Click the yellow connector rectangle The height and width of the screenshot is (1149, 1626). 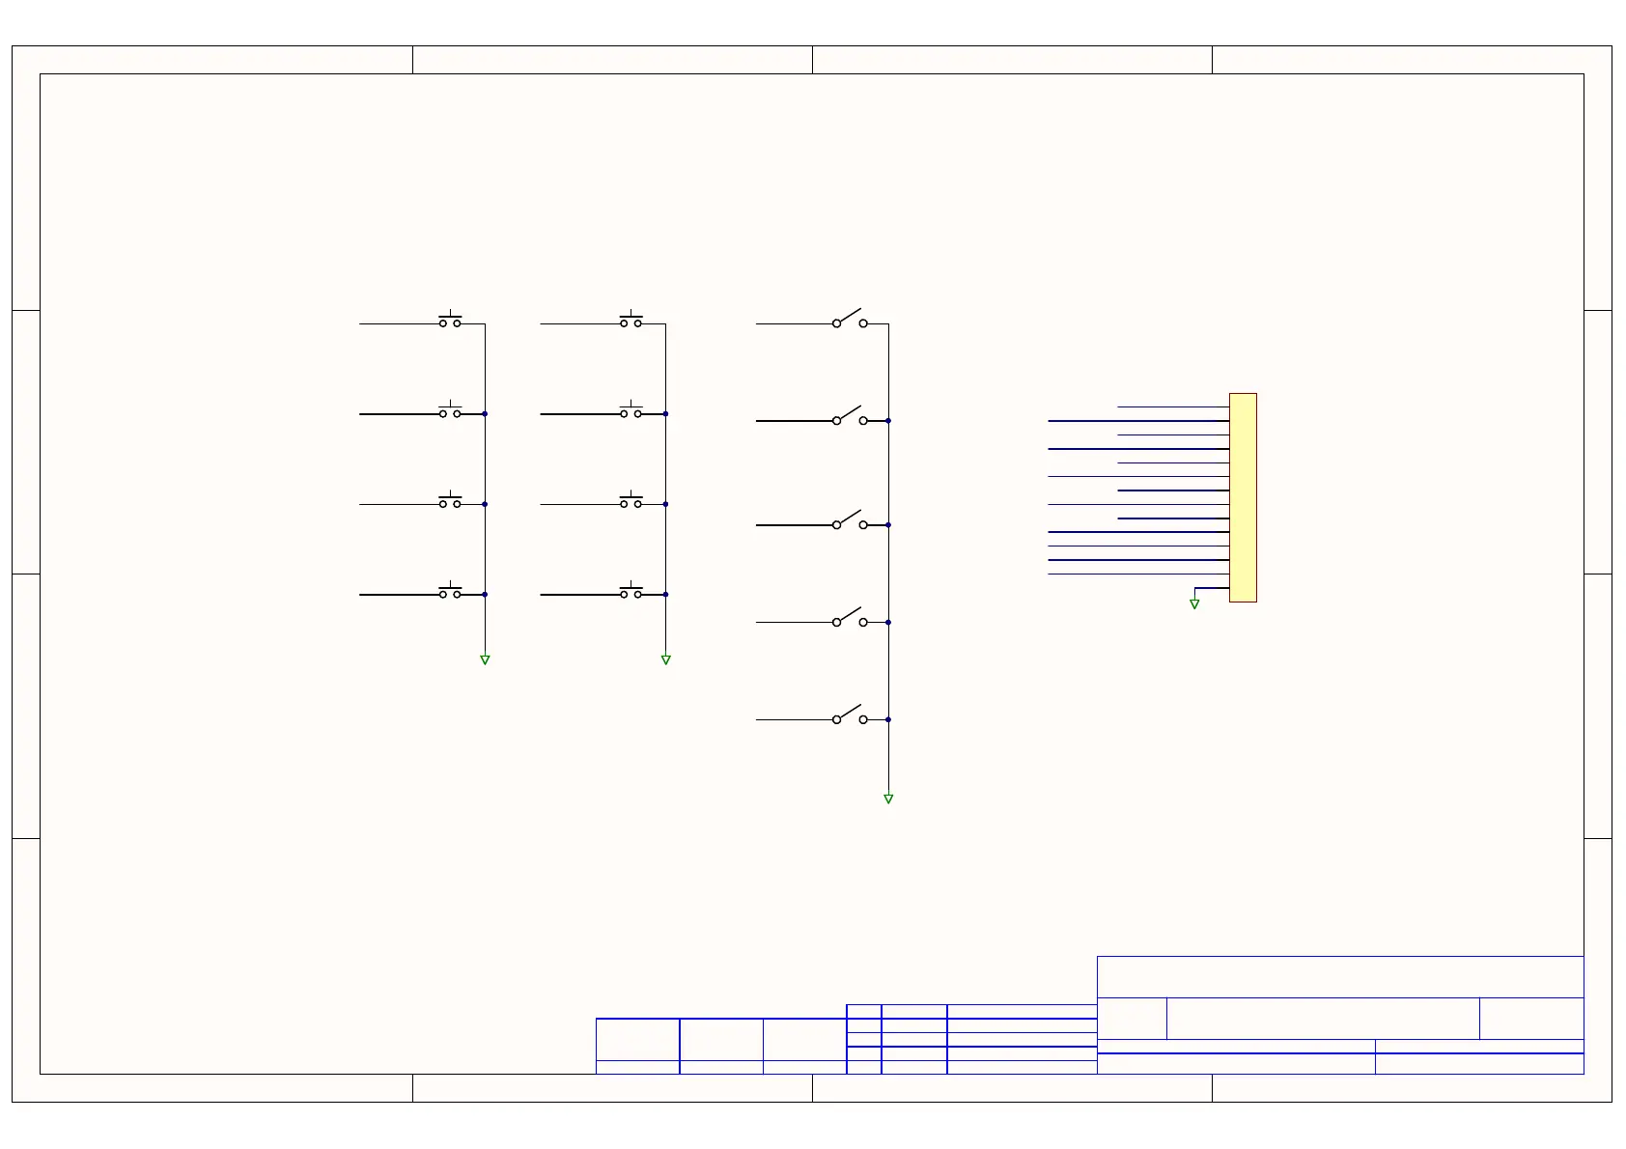coord(1243,497)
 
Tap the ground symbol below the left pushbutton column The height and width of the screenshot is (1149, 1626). coord(485,660)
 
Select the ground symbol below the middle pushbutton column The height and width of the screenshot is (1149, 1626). coord(665,660)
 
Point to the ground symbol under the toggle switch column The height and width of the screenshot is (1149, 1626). coord(888,799)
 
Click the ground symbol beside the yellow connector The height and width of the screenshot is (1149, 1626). coord(1194,604)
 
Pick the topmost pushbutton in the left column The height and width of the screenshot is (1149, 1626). coord(450,321)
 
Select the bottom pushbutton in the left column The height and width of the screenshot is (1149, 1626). coord(450,592)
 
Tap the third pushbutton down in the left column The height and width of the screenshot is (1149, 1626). coord(450,501)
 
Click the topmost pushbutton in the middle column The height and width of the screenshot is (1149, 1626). coord(631,321)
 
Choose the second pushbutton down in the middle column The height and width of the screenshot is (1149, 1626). coord(631,411)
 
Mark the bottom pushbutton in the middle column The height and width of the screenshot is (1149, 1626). coord(631,592)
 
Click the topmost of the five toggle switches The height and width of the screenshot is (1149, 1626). coord(850,320)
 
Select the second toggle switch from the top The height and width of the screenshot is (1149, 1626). coord(850,417)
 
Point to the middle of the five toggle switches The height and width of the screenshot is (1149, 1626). coord(850,521)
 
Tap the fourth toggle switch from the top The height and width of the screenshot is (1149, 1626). coord(850,619)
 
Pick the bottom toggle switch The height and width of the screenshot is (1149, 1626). coord(850,716)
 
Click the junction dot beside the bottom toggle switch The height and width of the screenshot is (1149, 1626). coord(888,719)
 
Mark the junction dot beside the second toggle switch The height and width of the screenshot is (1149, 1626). coord(888,421)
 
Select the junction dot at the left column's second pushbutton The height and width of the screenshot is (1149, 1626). coord(485,414)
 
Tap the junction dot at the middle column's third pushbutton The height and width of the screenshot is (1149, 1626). coord(665,504)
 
